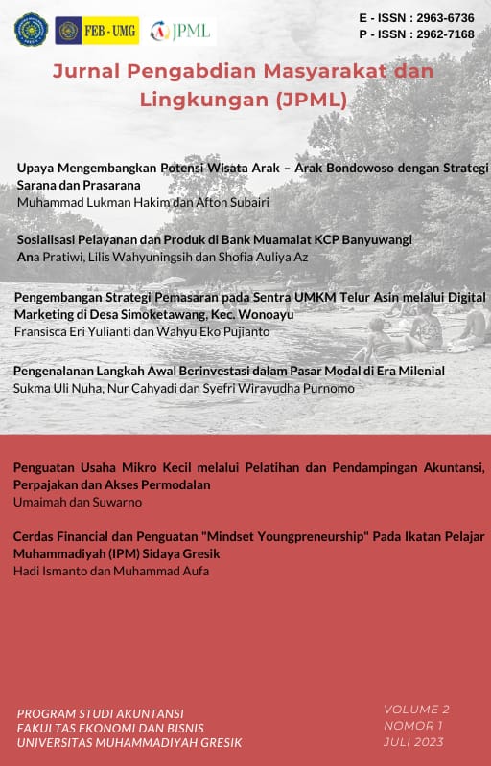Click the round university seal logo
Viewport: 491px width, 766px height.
[31, 30]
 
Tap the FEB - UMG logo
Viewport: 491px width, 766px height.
[96, 31]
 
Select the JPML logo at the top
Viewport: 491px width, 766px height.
[182, 31]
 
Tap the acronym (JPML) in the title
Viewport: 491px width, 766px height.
[303, 98]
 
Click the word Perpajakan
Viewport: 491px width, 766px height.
[49, 484]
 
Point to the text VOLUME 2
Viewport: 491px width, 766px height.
[416, 710]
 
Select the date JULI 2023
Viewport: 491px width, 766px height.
[414, 741]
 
